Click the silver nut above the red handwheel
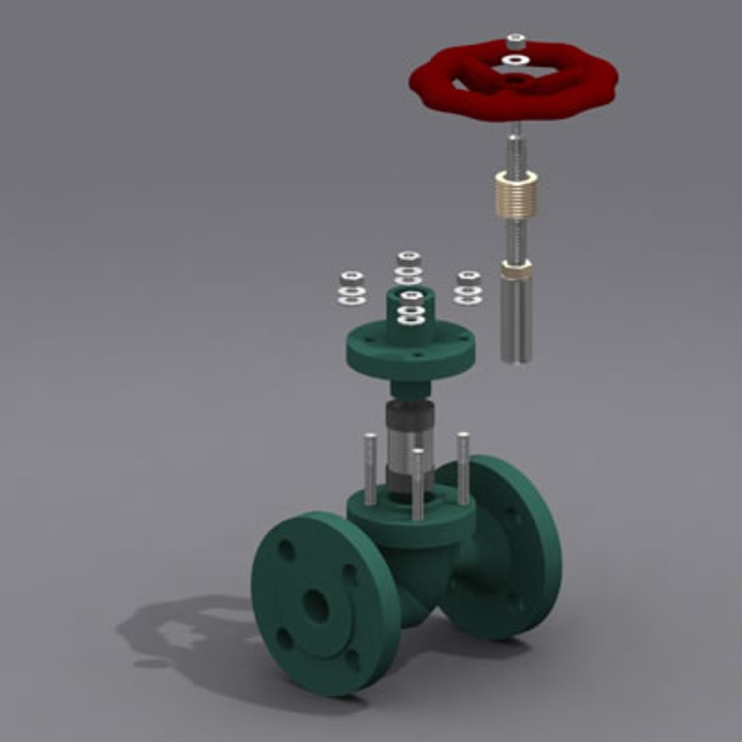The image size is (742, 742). pos(515,42)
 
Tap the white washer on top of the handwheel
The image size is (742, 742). pos(515,61)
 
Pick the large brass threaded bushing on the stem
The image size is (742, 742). pos(516,192)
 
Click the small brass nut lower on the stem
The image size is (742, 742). pos(515,270)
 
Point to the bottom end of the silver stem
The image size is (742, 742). pos(516,355)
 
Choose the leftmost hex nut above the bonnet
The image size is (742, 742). pos(352,278)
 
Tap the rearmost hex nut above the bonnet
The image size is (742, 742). pos(409,258)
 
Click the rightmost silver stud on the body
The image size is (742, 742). pos(463,467)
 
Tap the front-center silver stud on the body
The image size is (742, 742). pos(417,484)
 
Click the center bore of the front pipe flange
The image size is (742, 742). pos(316,605)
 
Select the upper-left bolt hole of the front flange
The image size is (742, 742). pos(286,550)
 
